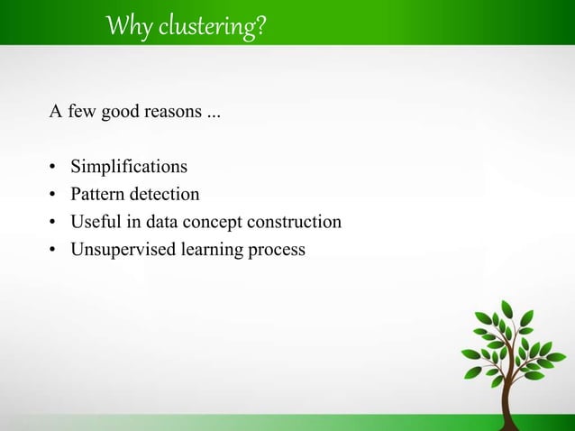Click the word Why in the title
pos(123,28)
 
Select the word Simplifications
pos(130,167)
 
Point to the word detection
pos(165,194)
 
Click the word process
pos(276,250)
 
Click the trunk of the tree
pos(509,406)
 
